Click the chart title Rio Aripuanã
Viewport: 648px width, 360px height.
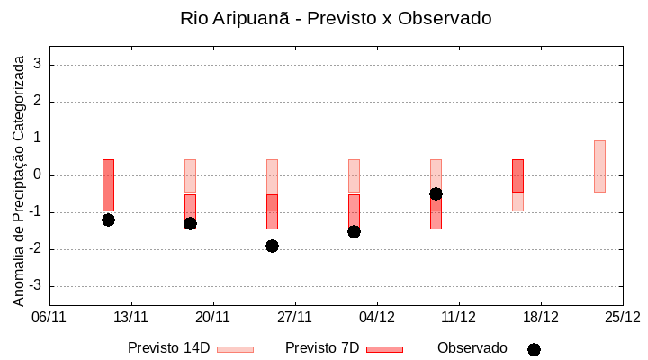coord(336,18)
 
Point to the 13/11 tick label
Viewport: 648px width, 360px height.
coord(131,317)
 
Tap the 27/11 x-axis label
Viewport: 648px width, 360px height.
coord(294,317)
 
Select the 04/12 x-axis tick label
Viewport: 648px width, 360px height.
coord(376,317)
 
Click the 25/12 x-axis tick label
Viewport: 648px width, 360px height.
coord(622,317)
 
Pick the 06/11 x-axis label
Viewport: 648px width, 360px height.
coord(49,317)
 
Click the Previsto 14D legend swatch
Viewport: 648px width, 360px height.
coord(235,349)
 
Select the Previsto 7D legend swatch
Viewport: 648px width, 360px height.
coord(384,349)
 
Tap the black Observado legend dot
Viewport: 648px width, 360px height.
coord(534,349)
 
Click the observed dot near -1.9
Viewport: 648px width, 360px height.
coord(272,246)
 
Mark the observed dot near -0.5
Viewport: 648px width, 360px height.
coord(436,193)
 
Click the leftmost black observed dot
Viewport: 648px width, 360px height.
coord(108,220)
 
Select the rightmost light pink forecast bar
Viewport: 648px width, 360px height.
coord(599,166)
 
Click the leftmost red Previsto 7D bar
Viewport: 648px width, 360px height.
coord(108,184)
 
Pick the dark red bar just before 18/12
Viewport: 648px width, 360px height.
coord(517,175)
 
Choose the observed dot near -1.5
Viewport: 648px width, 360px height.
coord(354,231)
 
